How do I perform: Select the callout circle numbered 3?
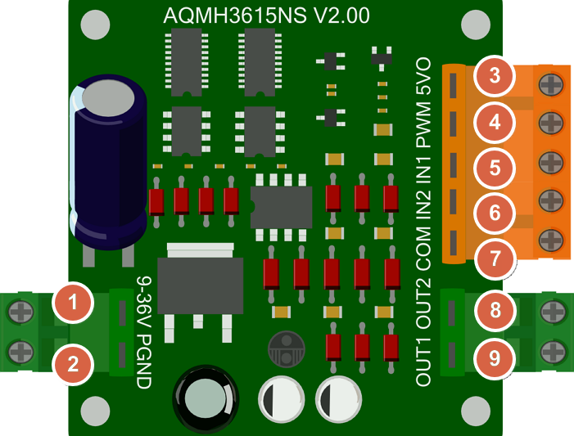coord(494,78)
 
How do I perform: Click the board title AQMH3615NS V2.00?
coord(266,16)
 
